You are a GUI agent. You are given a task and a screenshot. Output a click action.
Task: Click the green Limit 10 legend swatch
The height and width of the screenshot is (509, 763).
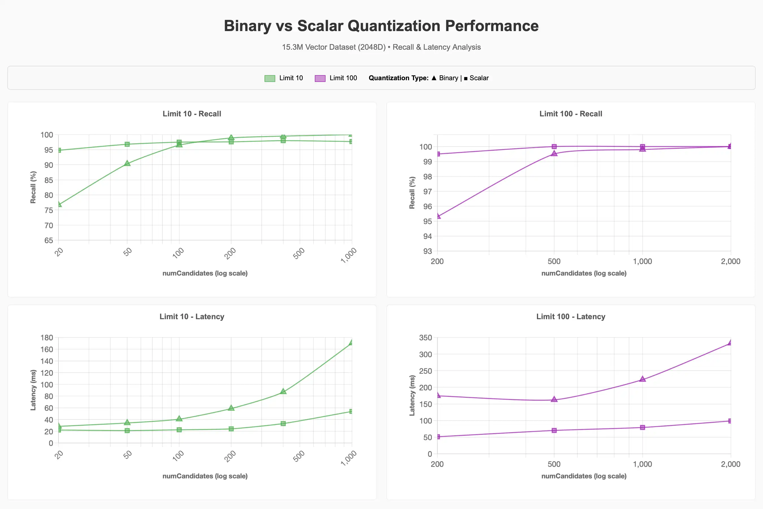click(270, 78)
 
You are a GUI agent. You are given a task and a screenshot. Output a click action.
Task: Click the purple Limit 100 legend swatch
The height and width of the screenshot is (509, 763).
click(320, 78)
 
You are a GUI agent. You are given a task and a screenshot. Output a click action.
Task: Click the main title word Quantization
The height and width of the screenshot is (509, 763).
click(394, 26)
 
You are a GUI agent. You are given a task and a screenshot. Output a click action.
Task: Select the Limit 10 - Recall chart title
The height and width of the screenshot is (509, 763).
click(192, 114)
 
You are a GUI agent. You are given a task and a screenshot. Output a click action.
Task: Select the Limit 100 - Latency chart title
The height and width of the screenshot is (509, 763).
click(571, 317)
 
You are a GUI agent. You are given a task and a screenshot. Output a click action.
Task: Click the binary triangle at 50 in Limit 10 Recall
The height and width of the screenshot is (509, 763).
click(127, 163)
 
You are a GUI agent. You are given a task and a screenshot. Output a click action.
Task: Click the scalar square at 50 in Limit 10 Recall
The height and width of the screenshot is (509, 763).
click(127, 144)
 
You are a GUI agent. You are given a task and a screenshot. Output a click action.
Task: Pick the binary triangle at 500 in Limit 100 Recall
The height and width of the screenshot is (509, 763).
click(554, 153)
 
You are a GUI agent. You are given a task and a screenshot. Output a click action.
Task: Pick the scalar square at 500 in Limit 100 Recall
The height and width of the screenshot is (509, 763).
click(554, 146)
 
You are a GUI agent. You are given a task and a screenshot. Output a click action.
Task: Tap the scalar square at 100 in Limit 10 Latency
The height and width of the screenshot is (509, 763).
click(179, 430)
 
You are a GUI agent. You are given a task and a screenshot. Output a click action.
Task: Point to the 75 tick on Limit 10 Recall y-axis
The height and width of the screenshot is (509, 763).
click(49, 210)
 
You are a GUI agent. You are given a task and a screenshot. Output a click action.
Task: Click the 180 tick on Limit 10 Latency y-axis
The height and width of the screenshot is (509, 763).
click(47, 338)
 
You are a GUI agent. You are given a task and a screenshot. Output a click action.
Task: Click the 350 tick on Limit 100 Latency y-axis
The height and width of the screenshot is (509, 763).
click(425, 338)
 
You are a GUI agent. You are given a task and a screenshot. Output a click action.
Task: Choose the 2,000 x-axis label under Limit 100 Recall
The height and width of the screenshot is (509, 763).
click(730, 261)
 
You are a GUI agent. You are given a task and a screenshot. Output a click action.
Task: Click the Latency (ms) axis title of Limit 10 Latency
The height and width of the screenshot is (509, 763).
click(33, 390)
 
